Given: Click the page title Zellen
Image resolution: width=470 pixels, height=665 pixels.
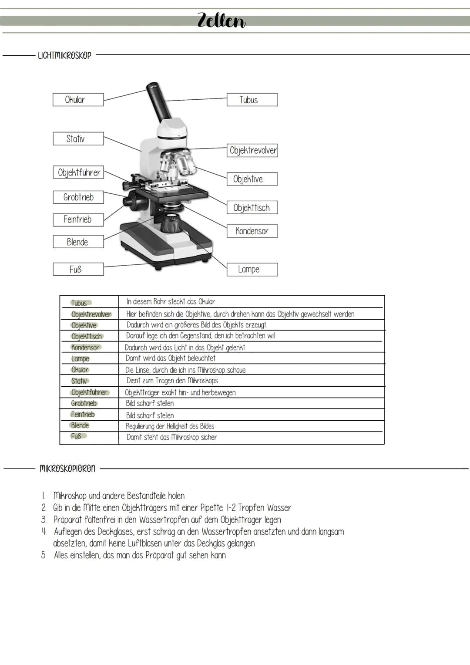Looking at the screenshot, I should (x=222, y=20).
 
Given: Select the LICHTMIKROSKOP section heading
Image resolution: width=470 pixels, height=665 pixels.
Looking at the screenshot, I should (x=64, y=55).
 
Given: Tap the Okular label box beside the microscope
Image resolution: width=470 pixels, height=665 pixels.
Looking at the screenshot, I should (x=78, y=100).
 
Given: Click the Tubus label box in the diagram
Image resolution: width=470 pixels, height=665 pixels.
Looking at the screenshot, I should (x=252, y=100).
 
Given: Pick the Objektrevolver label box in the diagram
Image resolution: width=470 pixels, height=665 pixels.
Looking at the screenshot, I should (x=252, y=151).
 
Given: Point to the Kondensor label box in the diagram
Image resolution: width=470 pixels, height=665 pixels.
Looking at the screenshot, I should (x=252, y=231).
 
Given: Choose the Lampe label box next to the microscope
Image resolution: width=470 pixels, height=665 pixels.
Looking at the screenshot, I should (x=252, y=270).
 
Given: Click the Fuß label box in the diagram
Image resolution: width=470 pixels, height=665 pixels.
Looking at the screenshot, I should (x=78, y=270).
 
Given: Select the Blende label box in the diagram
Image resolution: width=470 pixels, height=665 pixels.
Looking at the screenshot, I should (x=78, y=242).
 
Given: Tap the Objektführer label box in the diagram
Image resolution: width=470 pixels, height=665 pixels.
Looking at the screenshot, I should (x=78, y=172).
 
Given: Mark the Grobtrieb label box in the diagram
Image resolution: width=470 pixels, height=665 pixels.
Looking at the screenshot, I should (x=78, y=197).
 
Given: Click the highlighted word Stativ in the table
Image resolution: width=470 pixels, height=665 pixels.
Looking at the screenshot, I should (x=79, y=381).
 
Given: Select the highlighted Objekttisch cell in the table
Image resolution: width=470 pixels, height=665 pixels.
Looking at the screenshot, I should (x=87, y=336).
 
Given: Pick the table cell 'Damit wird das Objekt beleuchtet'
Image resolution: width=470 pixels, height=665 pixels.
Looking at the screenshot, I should (x=171, y=358).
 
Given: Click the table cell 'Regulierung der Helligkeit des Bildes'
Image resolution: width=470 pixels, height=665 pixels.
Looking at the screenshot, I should (x=170, y=426).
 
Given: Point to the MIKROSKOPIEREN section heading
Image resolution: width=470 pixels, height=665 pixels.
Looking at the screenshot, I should (x=67, y=469).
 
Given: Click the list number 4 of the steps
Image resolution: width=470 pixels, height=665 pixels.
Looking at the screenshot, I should (x=44, y=532).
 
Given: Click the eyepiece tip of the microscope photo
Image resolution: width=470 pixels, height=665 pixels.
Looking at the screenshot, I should (x=152, y=86).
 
